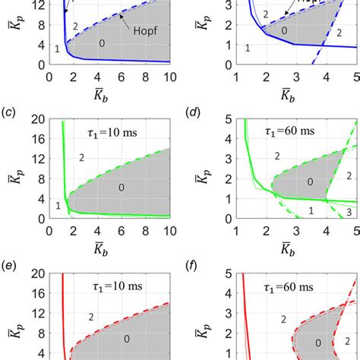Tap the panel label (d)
195,114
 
